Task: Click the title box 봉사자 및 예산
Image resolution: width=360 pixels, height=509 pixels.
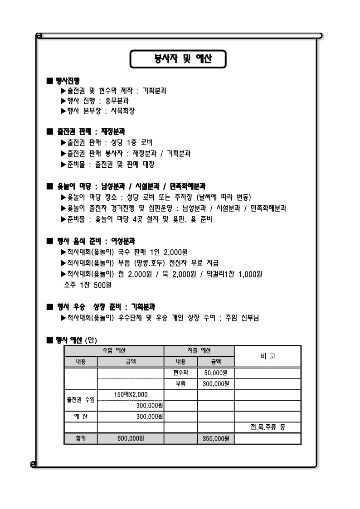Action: [178, 59]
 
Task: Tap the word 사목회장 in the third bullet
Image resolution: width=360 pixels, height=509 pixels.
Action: [123, 110]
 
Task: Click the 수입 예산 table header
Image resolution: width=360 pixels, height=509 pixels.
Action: [114, 351]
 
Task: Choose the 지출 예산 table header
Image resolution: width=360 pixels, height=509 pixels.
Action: [199, 351]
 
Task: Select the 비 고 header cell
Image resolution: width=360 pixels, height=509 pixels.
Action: [268, 356]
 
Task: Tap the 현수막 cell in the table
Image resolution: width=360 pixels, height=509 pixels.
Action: [180, 373]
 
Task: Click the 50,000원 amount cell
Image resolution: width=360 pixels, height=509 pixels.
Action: [216, 373]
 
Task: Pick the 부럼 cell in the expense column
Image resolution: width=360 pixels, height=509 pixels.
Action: [180, 384]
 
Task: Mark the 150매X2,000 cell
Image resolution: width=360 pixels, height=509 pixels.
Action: [131, 394]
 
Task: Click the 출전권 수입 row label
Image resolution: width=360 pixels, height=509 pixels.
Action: [81, 400]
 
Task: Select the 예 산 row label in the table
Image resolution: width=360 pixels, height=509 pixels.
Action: [81, 416]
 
